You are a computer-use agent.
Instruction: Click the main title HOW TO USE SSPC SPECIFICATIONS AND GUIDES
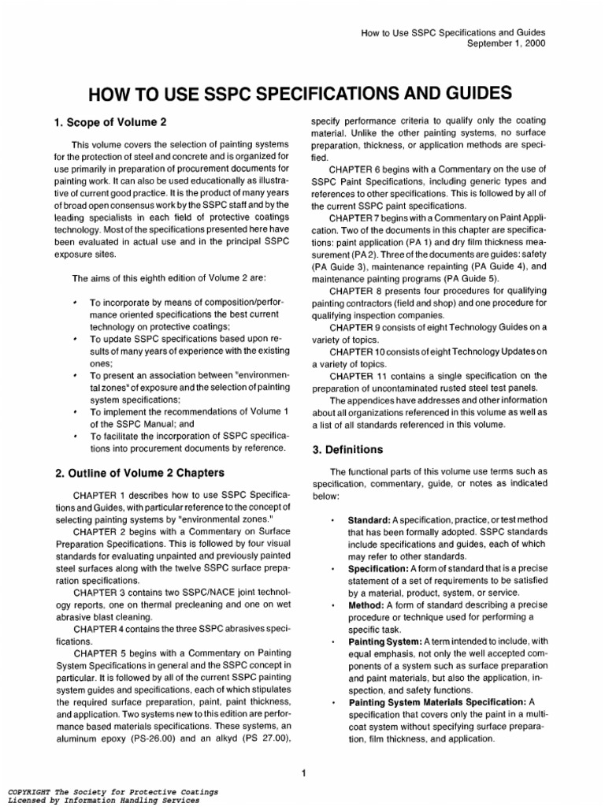point(302,95)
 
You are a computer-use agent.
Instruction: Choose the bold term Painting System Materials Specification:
point(439,701)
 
